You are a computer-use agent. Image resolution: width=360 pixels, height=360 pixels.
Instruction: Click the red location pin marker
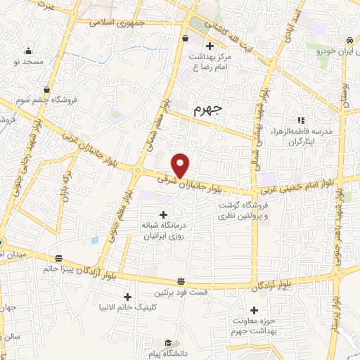[181, 165]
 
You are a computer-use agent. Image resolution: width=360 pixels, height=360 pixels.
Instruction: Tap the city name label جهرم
[207, 109]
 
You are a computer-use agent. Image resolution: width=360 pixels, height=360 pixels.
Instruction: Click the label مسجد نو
[27, 63]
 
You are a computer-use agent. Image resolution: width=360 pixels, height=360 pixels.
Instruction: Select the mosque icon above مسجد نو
[28, 51]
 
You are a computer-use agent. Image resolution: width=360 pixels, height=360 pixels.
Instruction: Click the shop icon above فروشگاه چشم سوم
[46, 89]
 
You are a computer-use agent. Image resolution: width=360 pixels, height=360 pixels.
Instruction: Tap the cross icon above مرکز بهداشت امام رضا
[209, 46]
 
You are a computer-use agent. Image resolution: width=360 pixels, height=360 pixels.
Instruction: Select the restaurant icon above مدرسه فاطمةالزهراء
[301, 120]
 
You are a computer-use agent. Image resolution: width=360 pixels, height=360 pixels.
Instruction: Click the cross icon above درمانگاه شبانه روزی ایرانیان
[163, 214]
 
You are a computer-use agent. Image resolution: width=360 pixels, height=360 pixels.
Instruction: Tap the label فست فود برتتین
[181, 292]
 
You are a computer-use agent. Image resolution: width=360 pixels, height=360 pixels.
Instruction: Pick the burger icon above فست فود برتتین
[181, 281]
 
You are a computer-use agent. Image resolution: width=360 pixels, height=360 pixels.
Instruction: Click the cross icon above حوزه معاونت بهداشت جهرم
[255, 310]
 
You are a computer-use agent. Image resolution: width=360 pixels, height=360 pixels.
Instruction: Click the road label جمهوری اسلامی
[115, 21]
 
